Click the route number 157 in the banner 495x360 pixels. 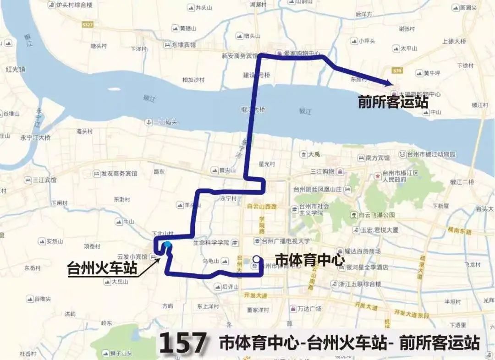tap(183, 343)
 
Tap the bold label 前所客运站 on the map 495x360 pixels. tap(393, 102)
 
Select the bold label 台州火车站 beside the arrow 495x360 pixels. tap(102, 267)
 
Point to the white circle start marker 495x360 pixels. tap(256, 259)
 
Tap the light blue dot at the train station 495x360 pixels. tap(168, 245)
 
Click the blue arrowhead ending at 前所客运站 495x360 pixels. tap(389, 83)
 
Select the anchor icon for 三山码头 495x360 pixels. tap(148, 122)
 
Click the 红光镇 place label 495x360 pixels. tap(15, 70)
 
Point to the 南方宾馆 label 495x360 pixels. tap(378, 158)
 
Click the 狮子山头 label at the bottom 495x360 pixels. tap(121, 353)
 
